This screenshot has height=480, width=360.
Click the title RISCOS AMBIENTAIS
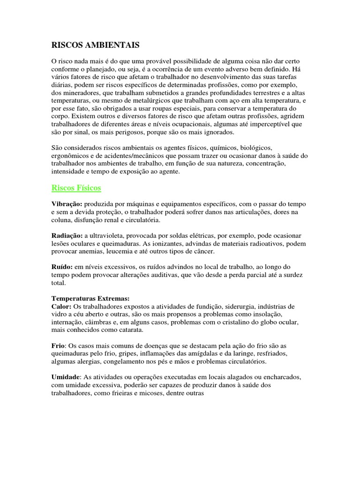coord(95,45)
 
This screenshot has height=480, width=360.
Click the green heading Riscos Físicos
coord(76,188)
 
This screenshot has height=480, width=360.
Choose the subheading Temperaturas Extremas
coord(90,299)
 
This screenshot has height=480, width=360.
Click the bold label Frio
coord(58,345)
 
